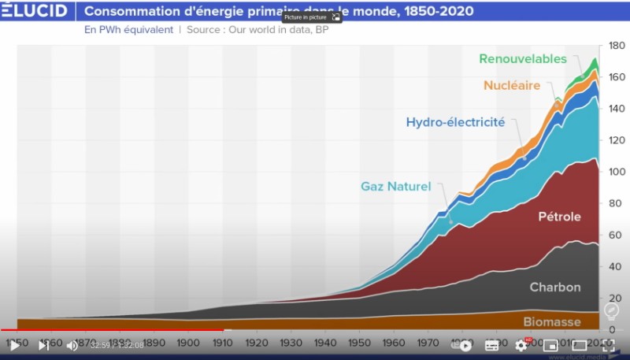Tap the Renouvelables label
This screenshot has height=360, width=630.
click(x=523, y=59)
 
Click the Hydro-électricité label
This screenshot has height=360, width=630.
click(x=455, y=122)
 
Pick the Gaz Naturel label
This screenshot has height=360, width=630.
click(x=396, y=187)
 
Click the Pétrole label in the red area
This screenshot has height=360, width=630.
click(x=559, y=217)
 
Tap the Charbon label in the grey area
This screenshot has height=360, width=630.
click(x=554, y=288)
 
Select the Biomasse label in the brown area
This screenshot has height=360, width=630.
click(x=551, y=321)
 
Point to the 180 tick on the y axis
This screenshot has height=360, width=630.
click(x=617, y=46)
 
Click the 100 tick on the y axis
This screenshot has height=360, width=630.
click(x=617, y=172)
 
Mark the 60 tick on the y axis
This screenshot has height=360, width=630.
click(x=617, y=235)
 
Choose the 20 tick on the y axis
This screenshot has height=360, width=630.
click(x=617, y=298)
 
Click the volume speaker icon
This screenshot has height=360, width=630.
click(x=72, y=345)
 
